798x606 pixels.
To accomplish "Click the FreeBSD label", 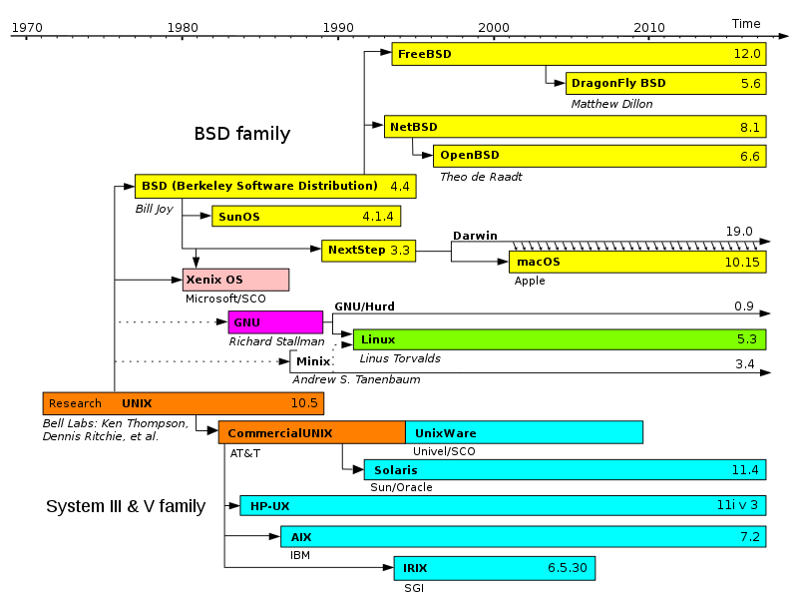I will [424, 54].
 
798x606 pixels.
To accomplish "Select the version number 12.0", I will [747, 54].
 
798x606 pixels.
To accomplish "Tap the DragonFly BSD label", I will [618, 84].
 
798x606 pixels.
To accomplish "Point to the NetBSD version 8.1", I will [750, 128].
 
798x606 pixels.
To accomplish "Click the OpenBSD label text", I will [470, 156].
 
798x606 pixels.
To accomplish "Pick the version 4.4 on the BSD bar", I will [400, 187].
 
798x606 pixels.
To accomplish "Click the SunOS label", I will [239, 217].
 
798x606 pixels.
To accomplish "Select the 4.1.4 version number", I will [378, 217].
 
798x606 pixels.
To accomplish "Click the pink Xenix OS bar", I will [235, 281].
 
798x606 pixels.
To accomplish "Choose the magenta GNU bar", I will [275, 322].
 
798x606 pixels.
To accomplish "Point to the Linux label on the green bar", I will [378, 340].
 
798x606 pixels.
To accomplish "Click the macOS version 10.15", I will [742, 263].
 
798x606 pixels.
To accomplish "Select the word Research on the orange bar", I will [75, 404].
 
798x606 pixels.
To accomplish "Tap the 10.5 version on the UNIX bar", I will [304, 404].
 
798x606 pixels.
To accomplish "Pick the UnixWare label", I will [446, 433].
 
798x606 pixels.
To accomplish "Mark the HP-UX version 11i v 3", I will [737, 506].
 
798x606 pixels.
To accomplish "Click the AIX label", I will [301, 538].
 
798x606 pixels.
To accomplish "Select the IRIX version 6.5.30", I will [568, 569].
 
